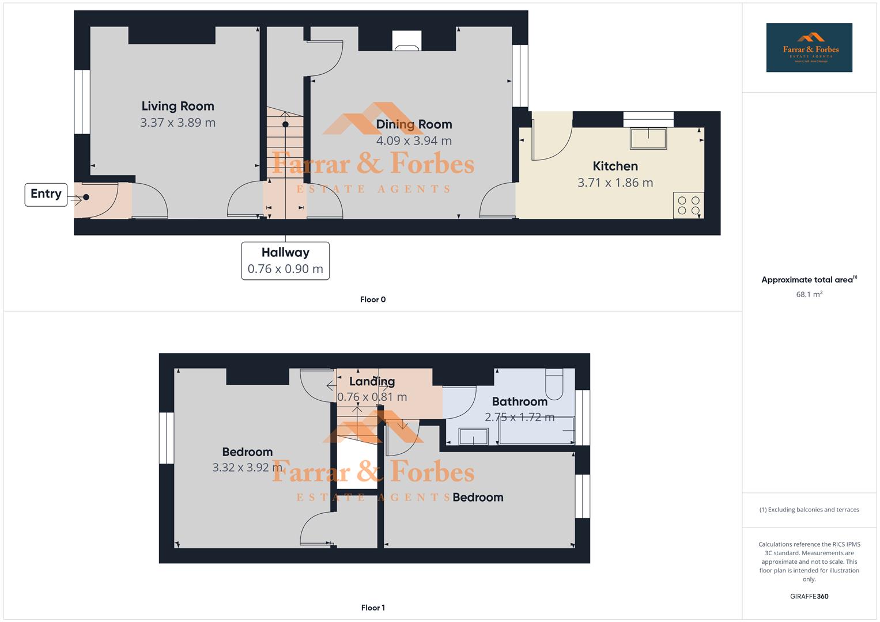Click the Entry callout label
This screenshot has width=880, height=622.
(x=46, y=194)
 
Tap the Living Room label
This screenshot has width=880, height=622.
(x=177, y=106)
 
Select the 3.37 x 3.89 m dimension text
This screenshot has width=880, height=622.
(x=177, y=123)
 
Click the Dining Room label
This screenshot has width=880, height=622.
(x=414, y=124)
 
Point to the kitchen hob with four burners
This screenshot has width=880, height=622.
(x=688, y=206)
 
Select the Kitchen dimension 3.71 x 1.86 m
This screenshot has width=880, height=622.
(x=615, y=183)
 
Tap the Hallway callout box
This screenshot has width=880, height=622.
(x=285, y=261)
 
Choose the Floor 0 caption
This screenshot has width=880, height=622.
(x=373, y=299)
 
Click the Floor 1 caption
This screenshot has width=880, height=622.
(x=373, y=608)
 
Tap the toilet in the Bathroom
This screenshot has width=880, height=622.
(x=554, y=384)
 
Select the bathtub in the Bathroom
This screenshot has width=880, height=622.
(x=537, y=431)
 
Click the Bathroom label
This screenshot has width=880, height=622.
(x=519, y=402)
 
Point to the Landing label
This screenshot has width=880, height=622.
(x=372, y=382)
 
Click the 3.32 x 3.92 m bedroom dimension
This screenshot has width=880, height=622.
(x=247, y=468)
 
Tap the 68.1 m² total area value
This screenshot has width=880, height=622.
(x=809, y=294)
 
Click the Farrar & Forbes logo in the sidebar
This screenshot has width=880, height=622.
(x=809, y=48)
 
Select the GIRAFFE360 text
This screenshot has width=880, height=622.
(x=809, y=597)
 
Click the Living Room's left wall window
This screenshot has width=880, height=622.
(x=82, y=102)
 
